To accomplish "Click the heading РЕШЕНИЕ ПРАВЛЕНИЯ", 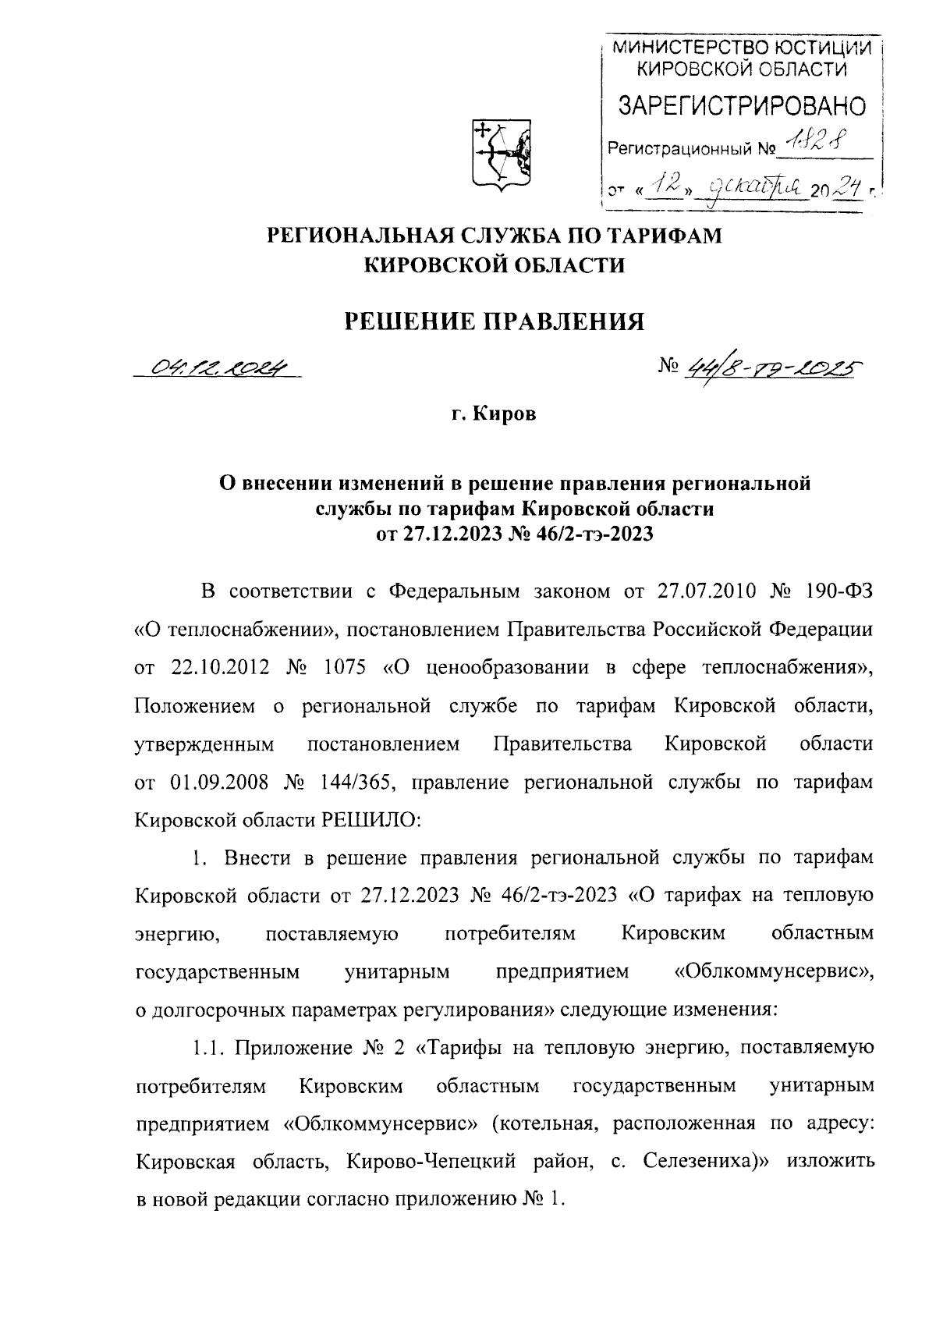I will tap(495, 321).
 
